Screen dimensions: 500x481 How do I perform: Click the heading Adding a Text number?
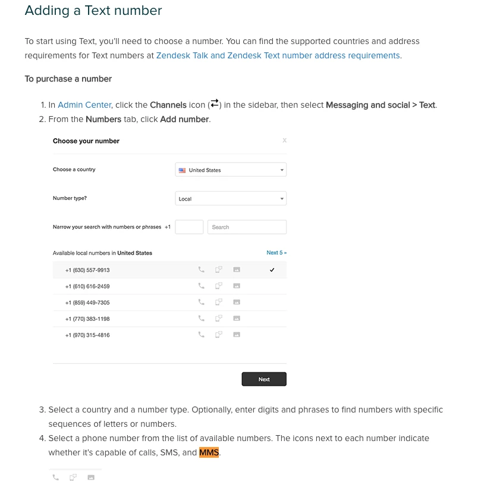[93, 11]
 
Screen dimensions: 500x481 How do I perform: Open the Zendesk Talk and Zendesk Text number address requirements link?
[278, 55]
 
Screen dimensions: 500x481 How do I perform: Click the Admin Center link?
[84, 105]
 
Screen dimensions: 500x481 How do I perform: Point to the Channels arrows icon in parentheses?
[215, 104]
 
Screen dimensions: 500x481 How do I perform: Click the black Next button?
[264, 379]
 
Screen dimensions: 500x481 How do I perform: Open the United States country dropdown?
[231, 170]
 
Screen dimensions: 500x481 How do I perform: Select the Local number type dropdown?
[231, 199]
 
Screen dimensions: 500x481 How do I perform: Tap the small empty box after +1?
[189, 227]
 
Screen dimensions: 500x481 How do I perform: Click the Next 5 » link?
[276, 253]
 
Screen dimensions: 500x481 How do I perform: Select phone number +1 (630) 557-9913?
[87, 270]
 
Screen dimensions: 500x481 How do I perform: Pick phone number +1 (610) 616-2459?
[87, 286]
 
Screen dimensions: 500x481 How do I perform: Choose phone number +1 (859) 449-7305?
[87, 302]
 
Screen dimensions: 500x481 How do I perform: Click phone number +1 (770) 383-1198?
[87, 319]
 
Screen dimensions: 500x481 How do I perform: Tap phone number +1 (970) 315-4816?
[87, 335]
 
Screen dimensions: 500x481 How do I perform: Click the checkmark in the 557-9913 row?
[272, 270]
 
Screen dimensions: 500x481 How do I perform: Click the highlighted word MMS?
[209, 452]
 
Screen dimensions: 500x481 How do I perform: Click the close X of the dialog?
[284, 140]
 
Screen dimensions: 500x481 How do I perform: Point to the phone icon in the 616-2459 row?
[202, 286]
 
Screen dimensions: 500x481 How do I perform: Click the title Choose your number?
[86, 141]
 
